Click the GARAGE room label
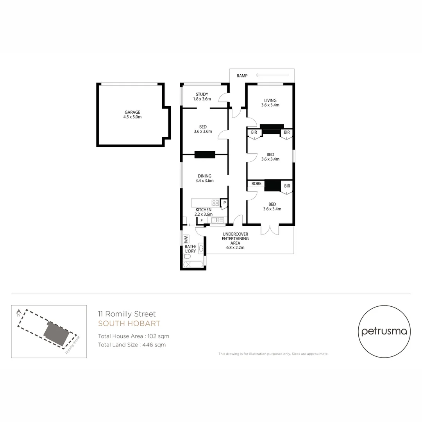coord(132,113)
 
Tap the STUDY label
coord(202,94)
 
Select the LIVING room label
coord(270,100)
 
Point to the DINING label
coord(204,176)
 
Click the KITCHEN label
coord(204,210)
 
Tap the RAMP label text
coord(242,75)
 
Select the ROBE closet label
coord(256,184)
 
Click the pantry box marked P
coord(224,202)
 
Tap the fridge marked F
coord(202,221)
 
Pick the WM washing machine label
coord(186,238)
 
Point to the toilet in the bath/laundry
coord(187,257)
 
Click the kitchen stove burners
coord(215,202)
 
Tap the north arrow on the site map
coord(18,313)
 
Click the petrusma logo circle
coord(384,332)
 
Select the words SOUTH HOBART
coord(129,324)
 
